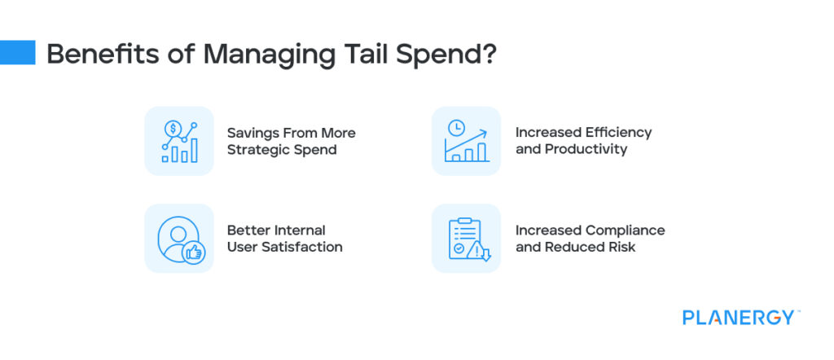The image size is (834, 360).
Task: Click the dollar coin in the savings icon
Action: [173, 129]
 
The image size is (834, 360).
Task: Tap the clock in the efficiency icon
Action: [456, 128]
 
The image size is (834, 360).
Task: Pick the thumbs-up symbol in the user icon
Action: [194, 253]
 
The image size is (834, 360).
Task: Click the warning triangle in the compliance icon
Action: [474, 252]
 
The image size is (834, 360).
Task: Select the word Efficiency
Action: [618, 132]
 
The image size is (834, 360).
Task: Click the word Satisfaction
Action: [305, 247]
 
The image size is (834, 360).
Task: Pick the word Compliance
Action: [624, 230]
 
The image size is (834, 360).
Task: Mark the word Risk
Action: [621, 247]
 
